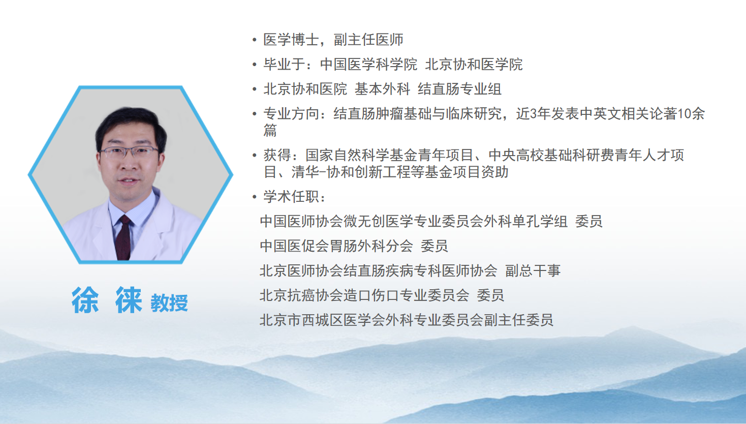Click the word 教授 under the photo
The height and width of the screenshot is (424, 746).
click(x=169, y=303)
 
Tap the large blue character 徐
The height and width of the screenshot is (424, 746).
click(x=85, y=300)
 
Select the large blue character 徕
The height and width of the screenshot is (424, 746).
click(x=129, y=300)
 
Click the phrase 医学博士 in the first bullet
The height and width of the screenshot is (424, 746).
click(x=291, y=40)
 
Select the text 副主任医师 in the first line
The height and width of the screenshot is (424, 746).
click(x=368, y=40)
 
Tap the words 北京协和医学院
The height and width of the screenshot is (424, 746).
click(x=474, y=64)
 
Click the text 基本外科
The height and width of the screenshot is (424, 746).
click(x=382, y=89)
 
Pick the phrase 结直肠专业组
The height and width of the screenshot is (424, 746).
click(x=459, y=89)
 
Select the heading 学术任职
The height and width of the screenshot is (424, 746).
click(x=291, y=197)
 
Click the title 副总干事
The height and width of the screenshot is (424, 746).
click(x=533, y=271)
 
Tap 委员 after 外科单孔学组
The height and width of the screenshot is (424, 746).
click(x=589, y=222)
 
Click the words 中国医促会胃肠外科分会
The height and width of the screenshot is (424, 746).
click(x=336, y=246)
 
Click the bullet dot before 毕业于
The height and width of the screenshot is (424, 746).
click(x=255, y=65)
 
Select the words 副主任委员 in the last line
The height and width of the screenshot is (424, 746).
click(x=518, y=320)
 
